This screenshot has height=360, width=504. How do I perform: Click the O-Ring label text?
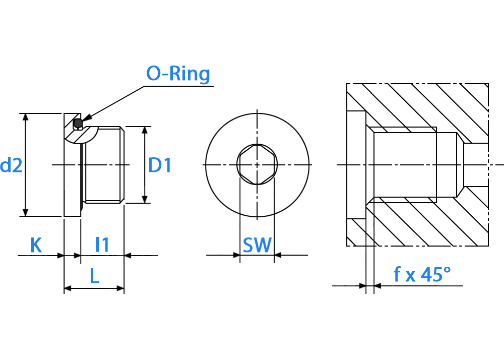click(178, 74)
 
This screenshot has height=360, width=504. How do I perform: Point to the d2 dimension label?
click(11, 165)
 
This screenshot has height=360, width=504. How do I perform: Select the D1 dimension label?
click(160, 165)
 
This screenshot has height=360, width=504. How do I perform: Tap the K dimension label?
click(36, 245)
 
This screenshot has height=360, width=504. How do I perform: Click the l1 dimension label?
click(102, 245)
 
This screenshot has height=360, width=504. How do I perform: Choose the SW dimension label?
click(257, 245)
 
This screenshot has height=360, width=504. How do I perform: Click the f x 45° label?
click(422, 274)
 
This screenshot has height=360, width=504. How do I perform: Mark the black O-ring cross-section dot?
click(78, 123)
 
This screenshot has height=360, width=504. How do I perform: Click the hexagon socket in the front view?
click(257, 164)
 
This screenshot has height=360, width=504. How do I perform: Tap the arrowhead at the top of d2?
click(26, 117)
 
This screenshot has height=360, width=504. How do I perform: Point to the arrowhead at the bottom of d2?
click(26, 212)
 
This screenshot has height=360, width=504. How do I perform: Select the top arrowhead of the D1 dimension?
click(145, 130)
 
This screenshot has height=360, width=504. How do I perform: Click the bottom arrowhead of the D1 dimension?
click(145, 199)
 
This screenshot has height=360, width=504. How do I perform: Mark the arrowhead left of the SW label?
click(236, 255)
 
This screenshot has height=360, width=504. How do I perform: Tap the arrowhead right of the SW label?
click(278, 255)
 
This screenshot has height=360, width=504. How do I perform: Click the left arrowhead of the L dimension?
click(68, 288)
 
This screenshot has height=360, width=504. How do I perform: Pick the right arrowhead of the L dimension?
click(120, 288)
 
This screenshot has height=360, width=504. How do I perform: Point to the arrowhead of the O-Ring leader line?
click(87, 117)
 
